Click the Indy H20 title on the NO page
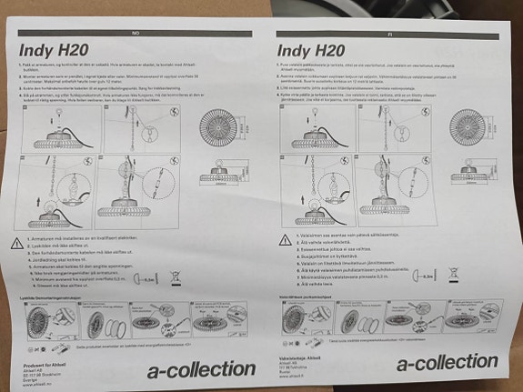coord(54,52)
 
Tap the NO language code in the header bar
coord(136,33)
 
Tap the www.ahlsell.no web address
coord(37,382)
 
